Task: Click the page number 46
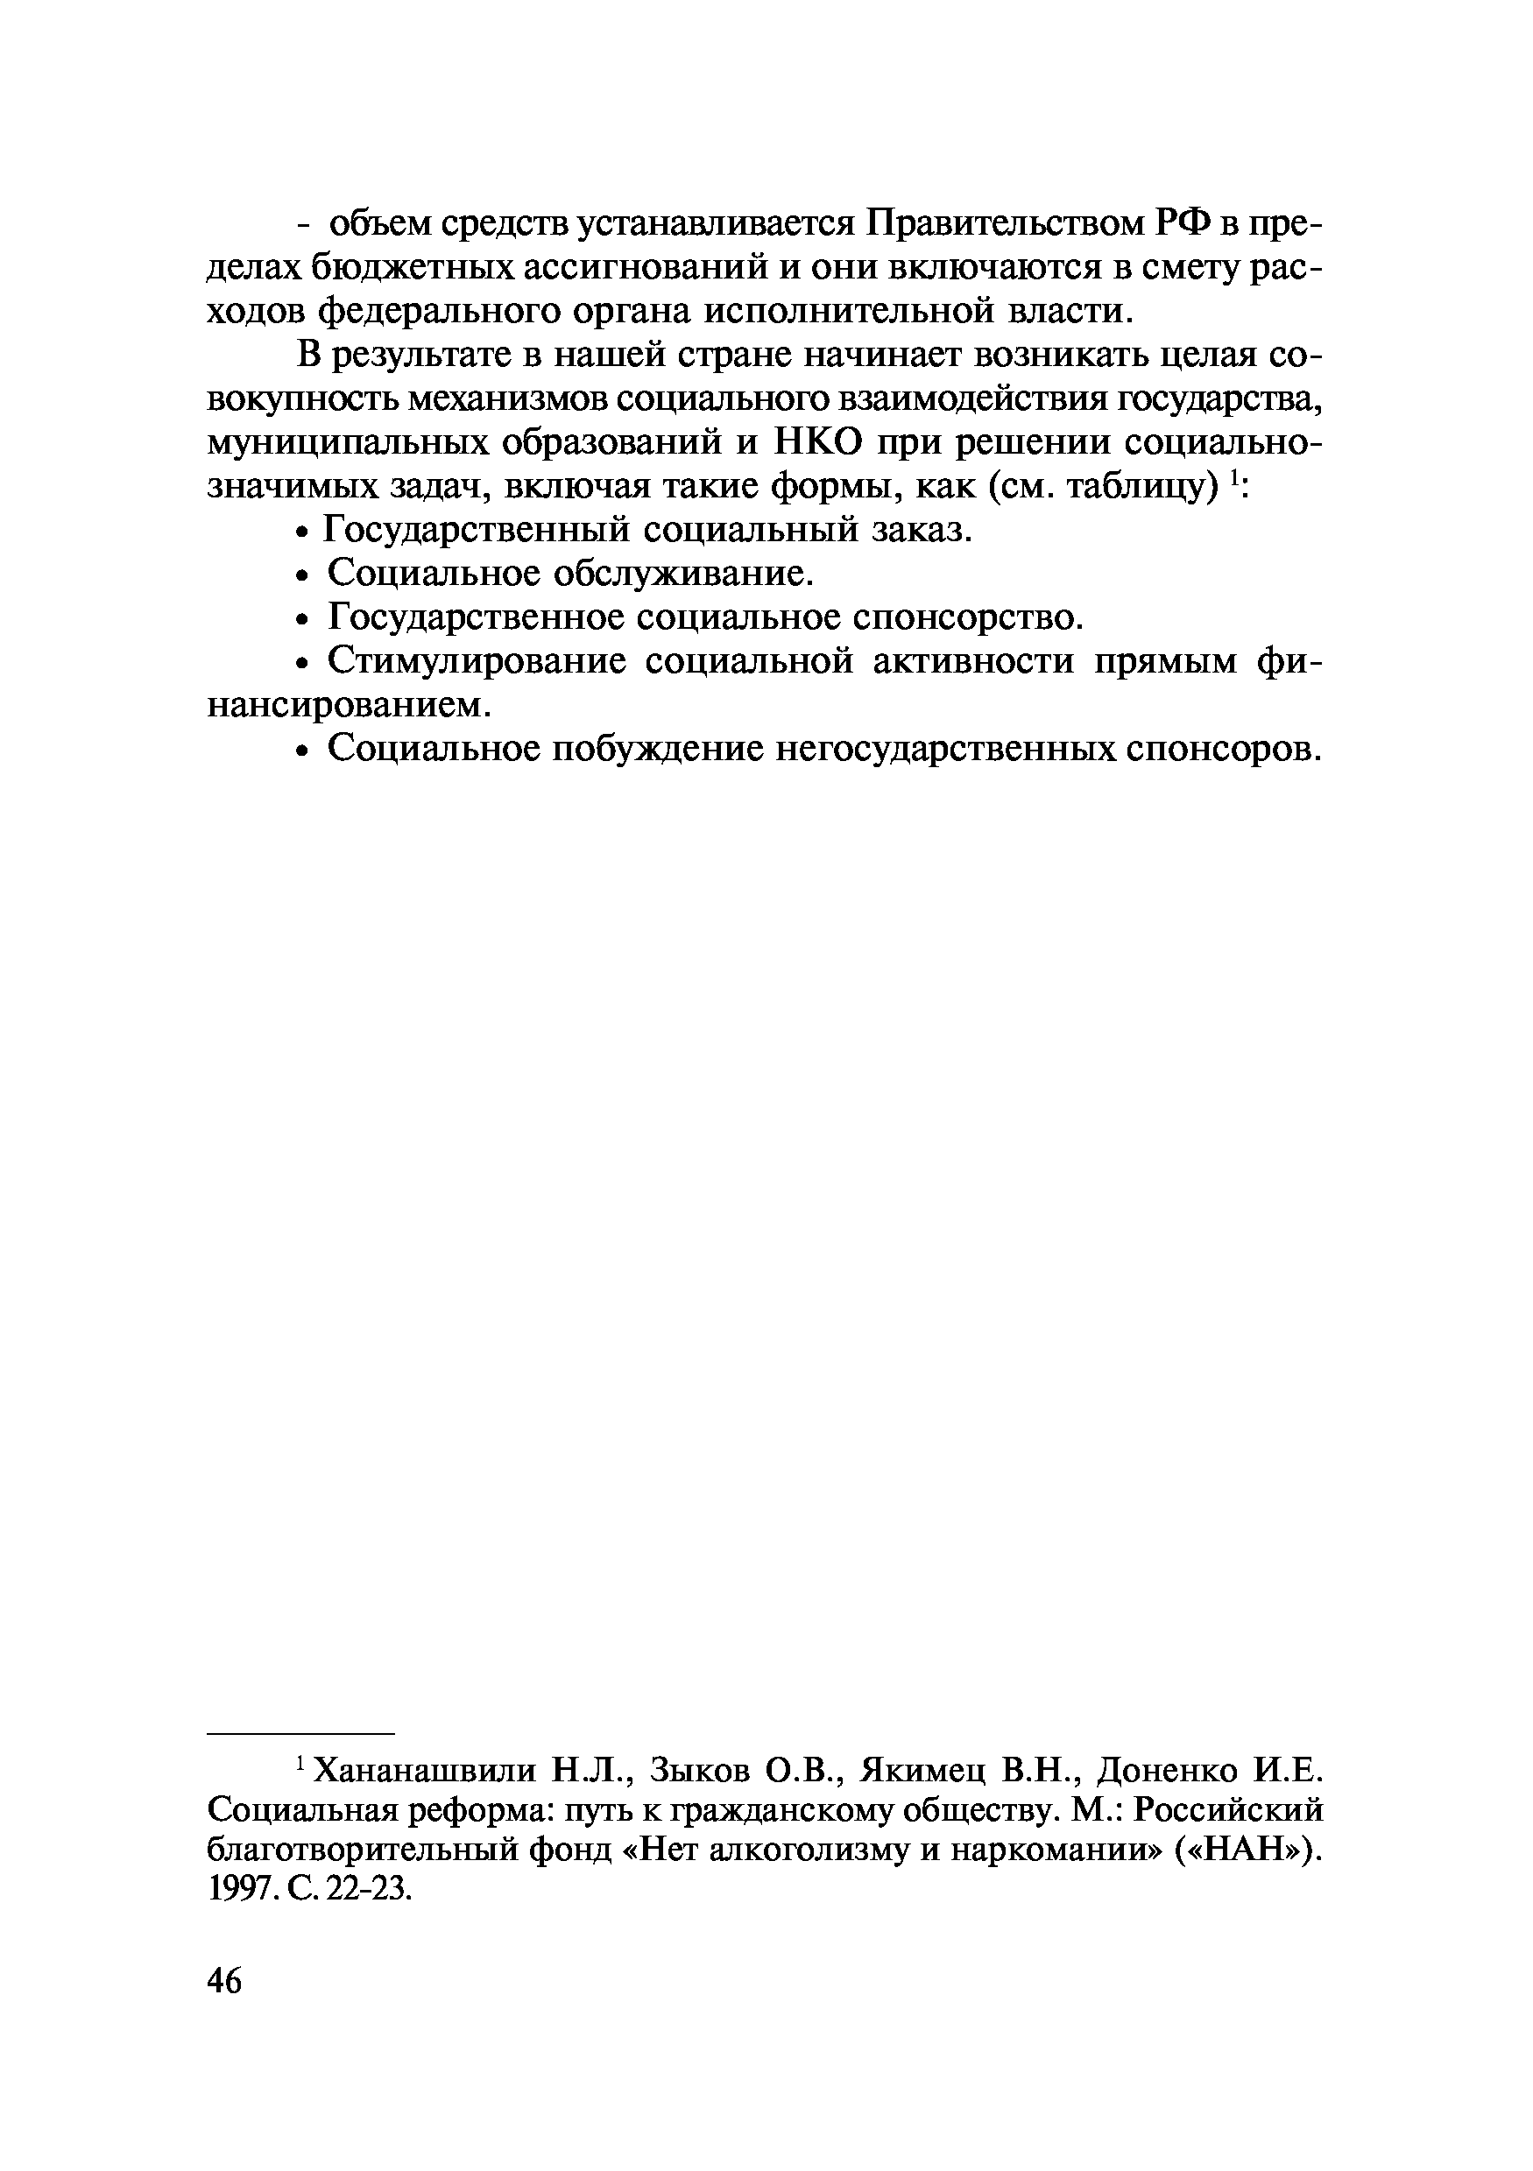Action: click(224, 1980)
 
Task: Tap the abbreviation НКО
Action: click(819, 442)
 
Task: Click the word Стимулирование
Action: click(477, 661)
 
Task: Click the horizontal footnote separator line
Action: click(299, 1734)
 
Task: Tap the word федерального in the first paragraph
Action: click(443, 311)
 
